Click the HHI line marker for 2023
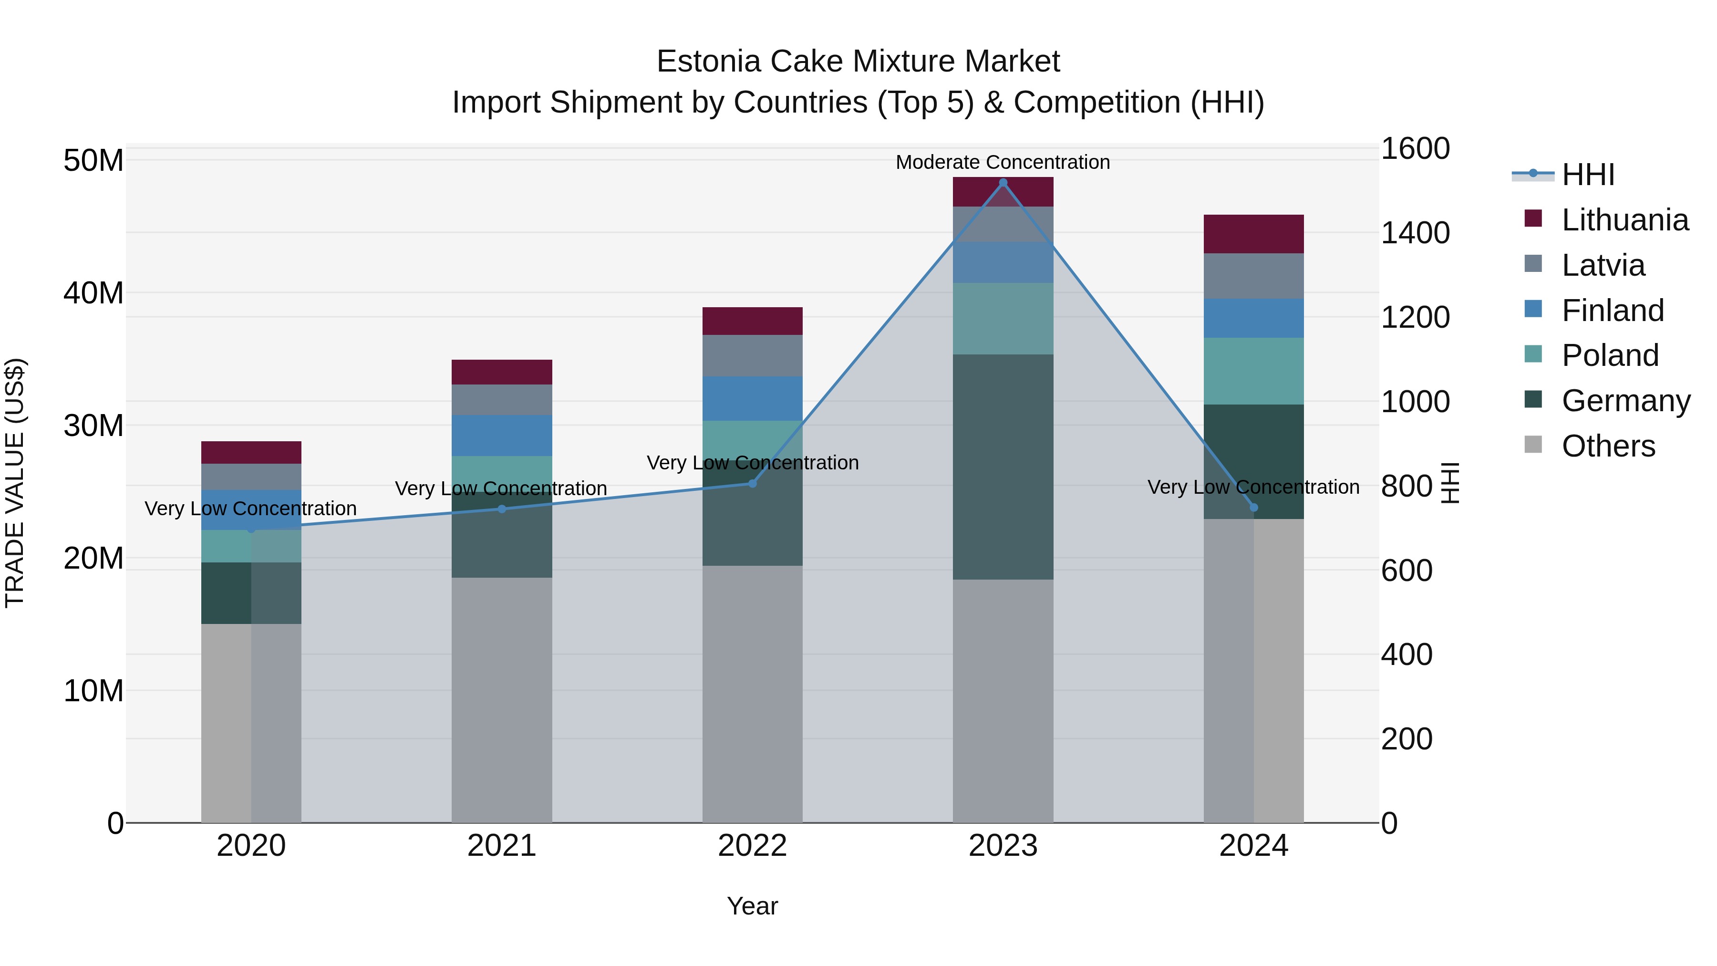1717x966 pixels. [1003, 183]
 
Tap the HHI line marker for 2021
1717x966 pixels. [502, 509]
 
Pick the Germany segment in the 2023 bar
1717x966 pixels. [1003, 467]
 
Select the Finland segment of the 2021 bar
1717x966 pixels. [502, 436]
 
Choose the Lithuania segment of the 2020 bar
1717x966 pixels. [251, 452]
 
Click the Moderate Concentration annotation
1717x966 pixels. [1003, 162]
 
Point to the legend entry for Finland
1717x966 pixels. [1613, 311]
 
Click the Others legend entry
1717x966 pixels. [1608, 446]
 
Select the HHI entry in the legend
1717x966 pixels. [1588, 175]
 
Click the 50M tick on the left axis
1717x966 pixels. [93, 161]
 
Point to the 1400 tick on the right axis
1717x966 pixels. [1415, 233]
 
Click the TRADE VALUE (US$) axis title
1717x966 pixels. [15, 483]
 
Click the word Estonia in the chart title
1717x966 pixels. [708, 62]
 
